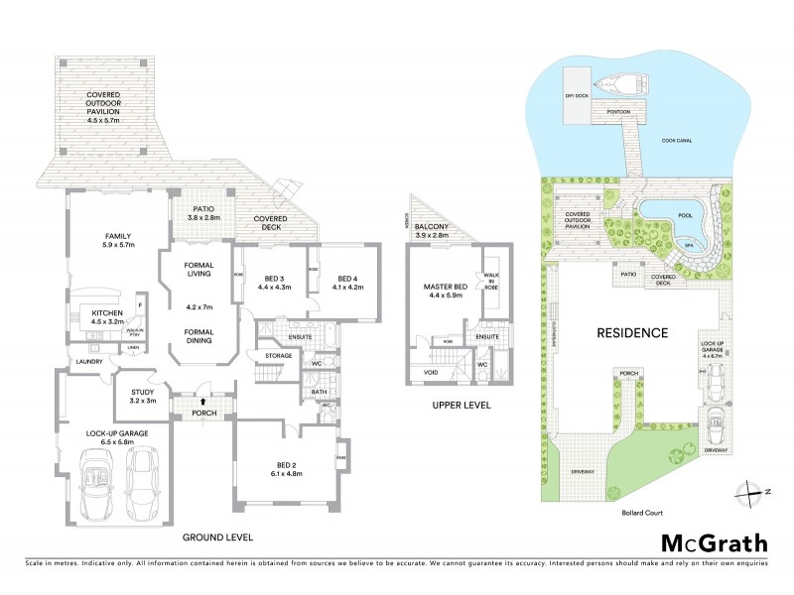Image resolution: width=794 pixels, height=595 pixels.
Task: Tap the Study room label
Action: pyautogui.click(x=143, y=396)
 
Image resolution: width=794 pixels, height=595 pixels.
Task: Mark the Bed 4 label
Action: pyautogui.click(x=348, y=282)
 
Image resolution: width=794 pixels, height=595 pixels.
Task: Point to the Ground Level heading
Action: pyautogui.click(x=217, y=536)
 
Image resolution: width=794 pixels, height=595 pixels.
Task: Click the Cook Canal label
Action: pyautogui.click(x=677, y=140)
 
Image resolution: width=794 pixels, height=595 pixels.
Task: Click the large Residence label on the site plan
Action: pyautogui.click(x=630, y=332)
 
